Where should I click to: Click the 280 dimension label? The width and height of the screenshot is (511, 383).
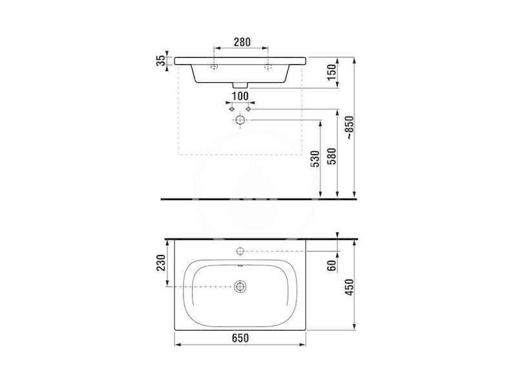(x=242, y=42)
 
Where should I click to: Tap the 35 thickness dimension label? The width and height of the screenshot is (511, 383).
(x=161, y=61)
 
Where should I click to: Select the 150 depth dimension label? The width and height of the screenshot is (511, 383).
(x=331, y=72)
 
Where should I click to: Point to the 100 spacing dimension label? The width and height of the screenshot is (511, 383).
(x=240, y=96)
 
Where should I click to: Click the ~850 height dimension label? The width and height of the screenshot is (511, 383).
(x=349, y=128)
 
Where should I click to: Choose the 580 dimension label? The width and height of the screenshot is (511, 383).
(x=332, y=157)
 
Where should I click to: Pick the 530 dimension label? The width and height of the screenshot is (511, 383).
(x=315, y=159)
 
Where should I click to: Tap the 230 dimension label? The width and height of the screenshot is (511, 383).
(x=161, y=263)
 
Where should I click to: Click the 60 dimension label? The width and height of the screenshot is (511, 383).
(x=331, y=265)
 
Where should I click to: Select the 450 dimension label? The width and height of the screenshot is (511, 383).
(x=349, y=287)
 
